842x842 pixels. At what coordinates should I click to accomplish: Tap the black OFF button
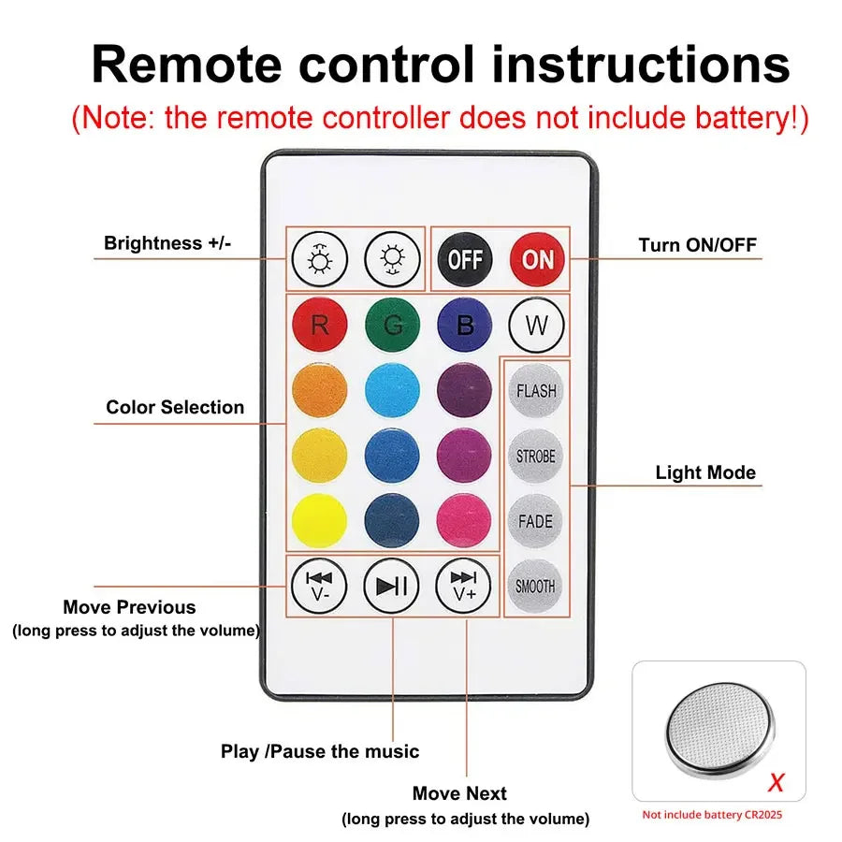(465, 258)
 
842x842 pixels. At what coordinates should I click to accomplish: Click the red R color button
(319, 325)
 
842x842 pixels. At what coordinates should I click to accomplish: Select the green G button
(392, 325)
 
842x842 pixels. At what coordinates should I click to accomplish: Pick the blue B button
(465, 325)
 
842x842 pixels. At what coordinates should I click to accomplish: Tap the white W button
(537, 326)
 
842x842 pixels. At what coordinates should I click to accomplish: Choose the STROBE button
(536, 457)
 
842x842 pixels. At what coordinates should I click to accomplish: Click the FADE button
(536, 521)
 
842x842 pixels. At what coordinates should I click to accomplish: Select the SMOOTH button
(536, 587)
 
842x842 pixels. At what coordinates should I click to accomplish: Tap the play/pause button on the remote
(392, 586)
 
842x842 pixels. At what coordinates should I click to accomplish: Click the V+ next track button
(464, 586)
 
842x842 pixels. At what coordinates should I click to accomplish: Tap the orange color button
(319, 390)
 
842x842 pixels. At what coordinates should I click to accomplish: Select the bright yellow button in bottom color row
(319, 520)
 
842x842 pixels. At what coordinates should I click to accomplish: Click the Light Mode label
(705, 472)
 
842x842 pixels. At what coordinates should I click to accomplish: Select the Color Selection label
(175, 407)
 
